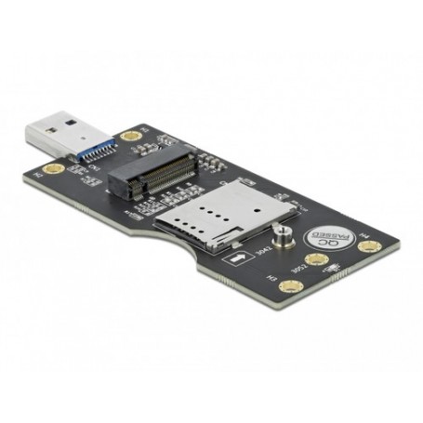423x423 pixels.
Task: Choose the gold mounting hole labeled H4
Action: click(x=372, y=248)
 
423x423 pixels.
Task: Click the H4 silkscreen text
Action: click(x=364, y=233)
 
